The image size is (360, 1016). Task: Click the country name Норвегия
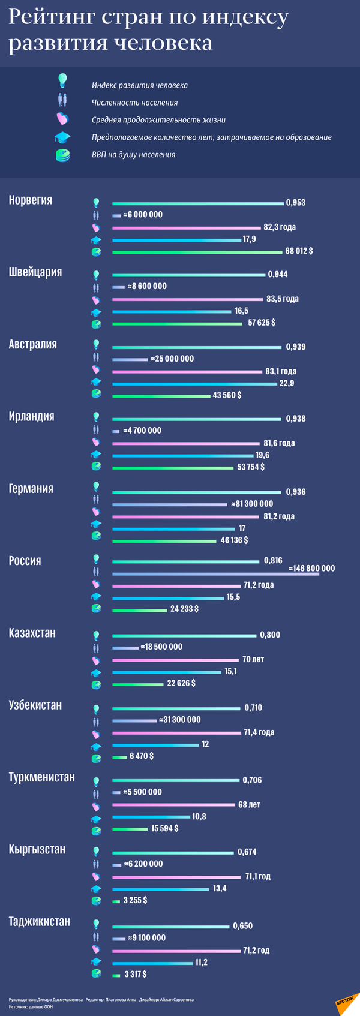[30, 200]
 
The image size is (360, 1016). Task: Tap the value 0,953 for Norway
[296, 203]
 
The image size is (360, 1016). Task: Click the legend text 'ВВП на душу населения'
[133, 155]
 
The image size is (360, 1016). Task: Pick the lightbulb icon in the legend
[62, 80]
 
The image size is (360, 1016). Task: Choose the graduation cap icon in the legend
[62, 137]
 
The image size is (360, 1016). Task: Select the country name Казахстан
[32, 633]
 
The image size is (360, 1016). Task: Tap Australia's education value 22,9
[287, 383]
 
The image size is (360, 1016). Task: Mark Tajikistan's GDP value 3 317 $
[135, 974]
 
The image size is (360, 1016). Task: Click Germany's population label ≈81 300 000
[252, 504]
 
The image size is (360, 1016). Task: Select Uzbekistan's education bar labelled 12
[155, 745]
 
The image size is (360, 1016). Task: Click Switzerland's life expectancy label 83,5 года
[283, 299]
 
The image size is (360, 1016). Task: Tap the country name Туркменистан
[41, 777]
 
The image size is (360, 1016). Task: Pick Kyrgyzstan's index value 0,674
[247, 852]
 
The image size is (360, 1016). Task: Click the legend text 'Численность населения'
[134, 103]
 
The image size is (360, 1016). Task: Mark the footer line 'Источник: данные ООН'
[31, 1007]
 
